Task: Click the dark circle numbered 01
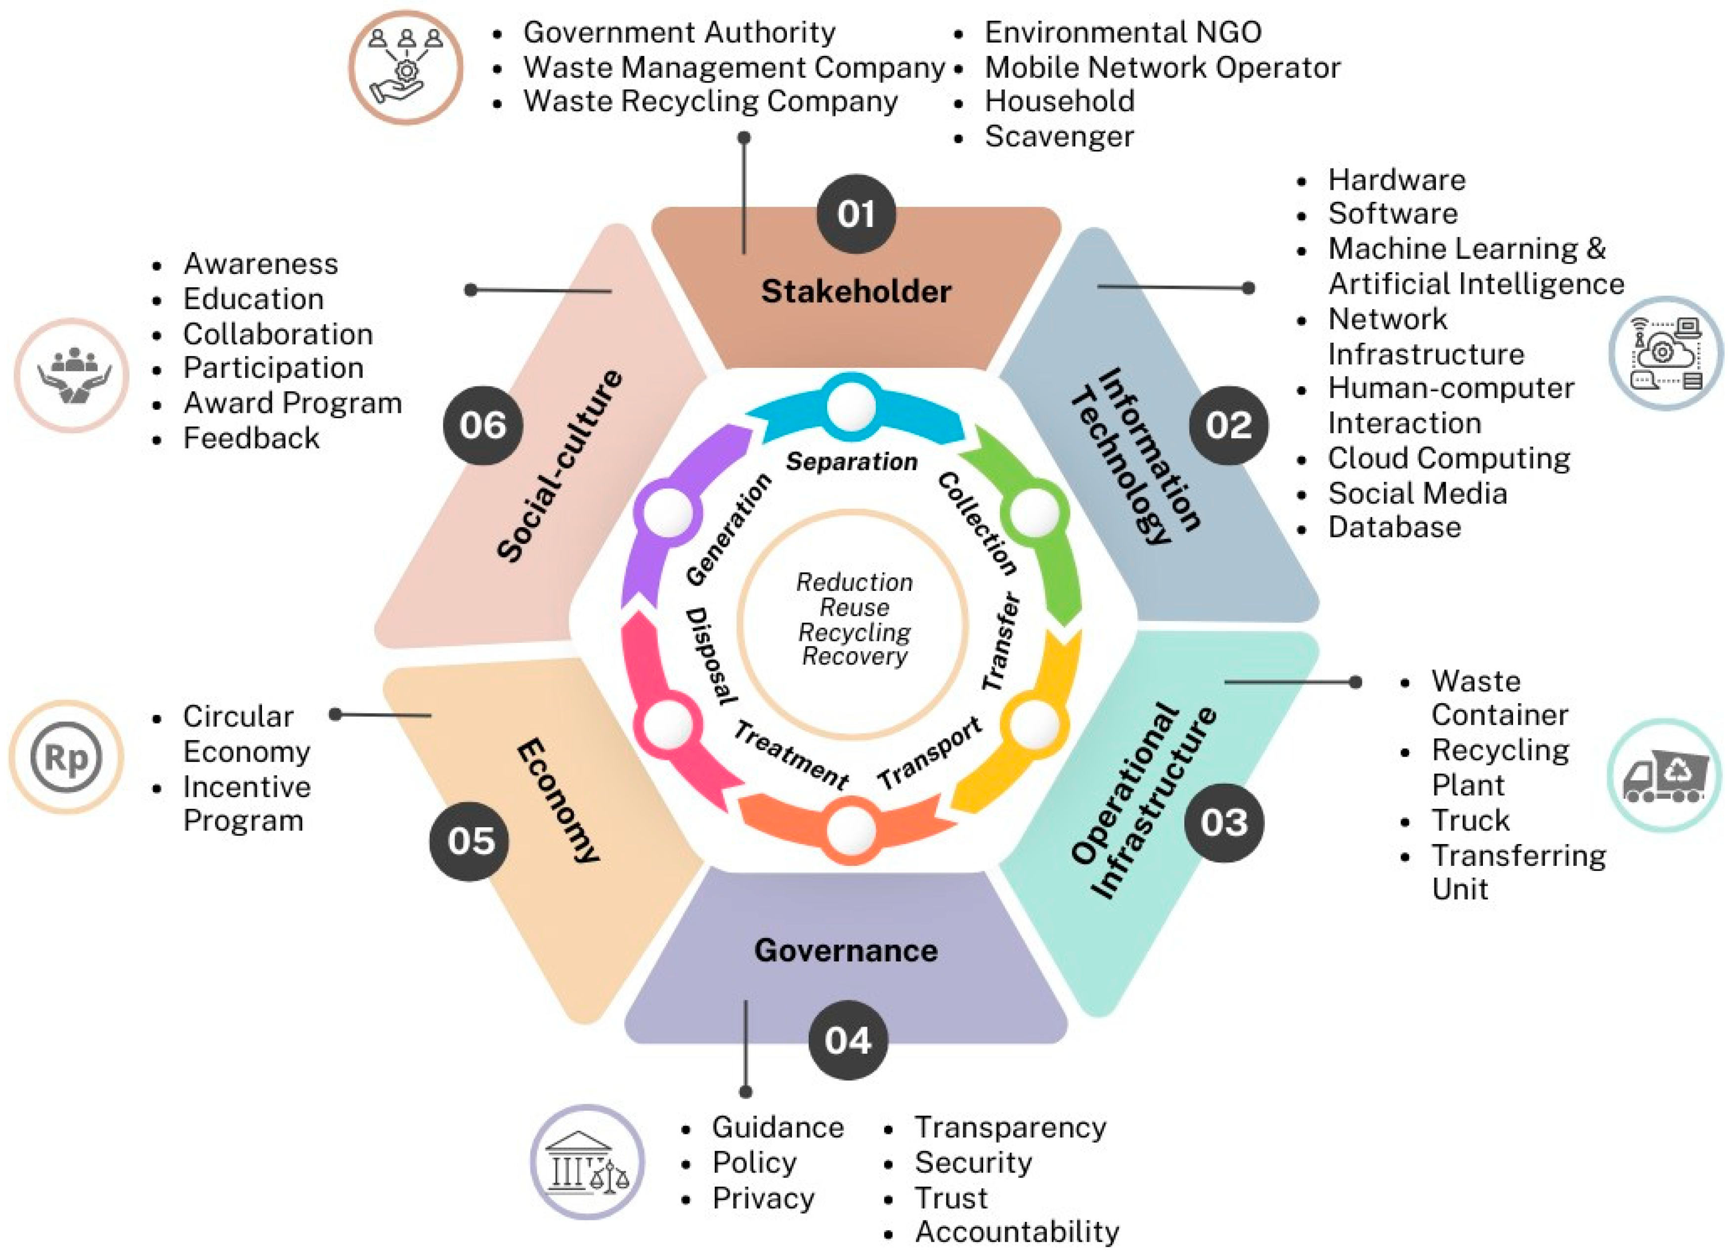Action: (x=855, y=214)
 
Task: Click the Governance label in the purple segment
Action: (x=845, y=950)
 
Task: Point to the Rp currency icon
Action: (x=66, y=757)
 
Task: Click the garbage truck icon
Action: (x=1664, y=776)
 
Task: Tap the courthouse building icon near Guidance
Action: (x=587, y=1161)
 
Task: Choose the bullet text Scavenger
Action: (x=1058, y=136)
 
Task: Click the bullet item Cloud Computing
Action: (x=1448, y=458)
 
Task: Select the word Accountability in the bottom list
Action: (x=1016, y=1231)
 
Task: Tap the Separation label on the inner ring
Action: (x=852, y=461)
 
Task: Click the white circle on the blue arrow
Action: (x=852, y=406)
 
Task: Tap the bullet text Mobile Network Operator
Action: (x=1162, y=67)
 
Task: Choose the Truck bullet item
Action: (x=1470, y=820)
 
